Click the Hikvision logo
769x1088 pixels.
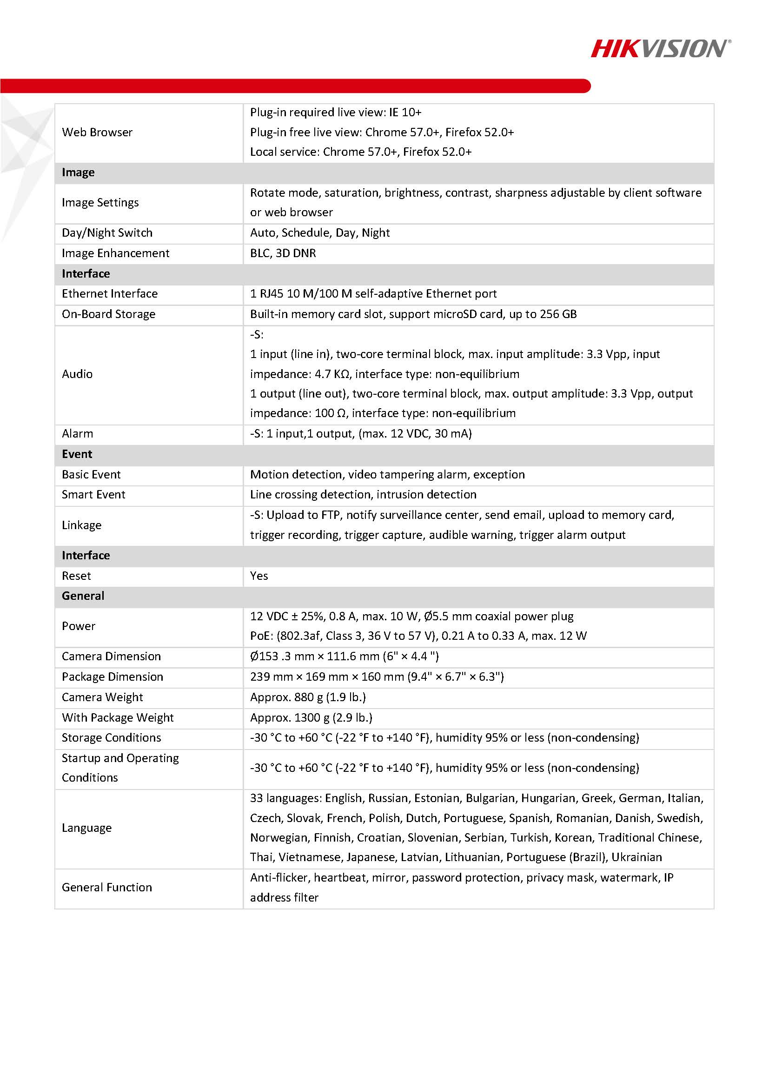[x=660, y=49]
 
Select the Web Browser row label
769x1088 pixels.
[x=97, y=132]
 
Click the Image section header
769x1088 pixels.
[x=78, y=172]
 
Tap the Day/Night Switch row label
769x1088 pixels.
[x=107, y=232]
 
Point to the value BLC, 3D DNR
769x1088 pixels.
[x=283, y=253]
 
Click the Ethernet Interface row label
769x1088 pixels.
[x=109, y=294]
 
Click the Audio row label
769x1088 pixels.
[x=77, y=374]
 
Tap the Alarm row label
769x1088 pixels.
[x=77, y=434]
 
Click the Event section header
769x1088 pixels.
[x=77, y=454]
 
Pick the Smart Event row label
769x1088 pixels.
[x=93, y=495]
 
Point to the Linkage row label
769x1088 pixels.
[x=81, y=525]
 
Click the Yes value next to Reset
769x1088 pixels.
[x=259, y=576]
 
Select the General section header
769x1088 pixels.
[x=83, y=596]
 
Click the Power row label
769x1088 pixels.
[x=79, y=626]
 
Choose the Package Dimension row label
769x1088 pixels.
[x=113, y=677]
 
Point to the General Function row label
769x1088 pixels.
[x=106, y=887]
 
